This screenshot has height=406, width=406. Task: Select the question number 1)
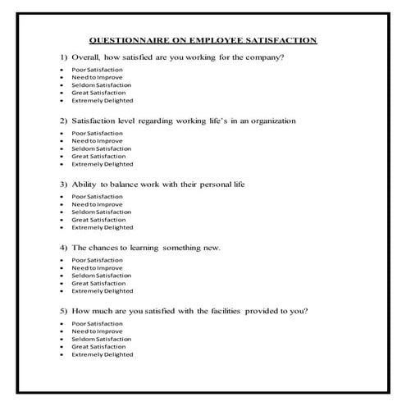pos(63,57)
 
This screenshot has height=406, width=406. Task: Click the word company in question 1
pos(261,57)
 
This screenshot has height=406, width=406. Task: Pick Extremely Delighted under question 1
pos(102,100)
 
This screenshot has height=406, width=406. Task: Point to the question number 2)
pos(63,121)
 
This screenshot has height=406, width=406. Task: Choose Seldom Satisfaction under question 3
pos(102,212)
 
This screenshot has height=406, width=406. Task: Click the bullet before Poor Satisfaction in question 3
pos(62,197)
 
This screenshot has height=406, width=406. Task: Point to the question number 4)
pos(63,247)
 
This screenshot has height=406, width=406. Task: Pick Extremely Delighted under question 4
pos(102,290)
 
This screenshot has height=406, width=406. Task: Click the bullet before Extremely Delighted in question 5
pos(62,354)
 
